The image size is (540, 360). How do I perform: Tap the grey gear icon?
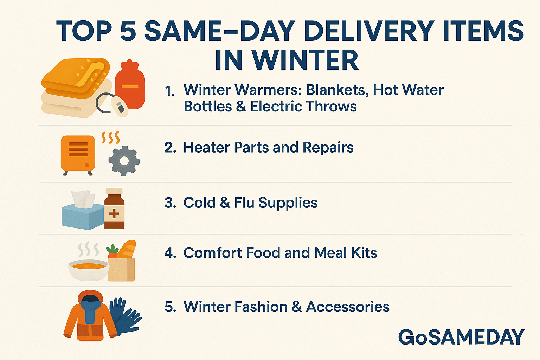[x=124, y=161]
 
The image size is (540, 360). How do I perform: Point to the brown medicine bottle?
[x=114, y=208]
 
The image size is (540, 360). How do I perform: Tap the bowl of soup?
[x=89, y=270]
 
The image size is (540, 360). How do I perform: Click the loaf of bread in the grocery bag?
[x=127, y=249]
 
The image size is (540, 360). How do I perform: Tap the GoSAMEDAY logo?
[x=461, y=337]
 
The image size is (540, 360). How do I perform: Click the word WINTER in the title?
[x=305, y=60]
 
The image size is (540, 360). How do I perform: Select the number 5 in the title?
[x=128, y=31]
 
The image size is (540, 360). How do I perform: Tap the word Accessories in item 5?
[x=348, y=307]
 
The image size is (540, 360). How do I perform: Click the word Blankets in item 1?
[x=337, y=90]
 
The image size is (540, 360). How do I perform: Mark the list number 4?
[x=170, y=253]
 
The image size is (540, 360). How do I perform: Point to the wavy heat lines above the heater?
[x=111, y=137]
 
